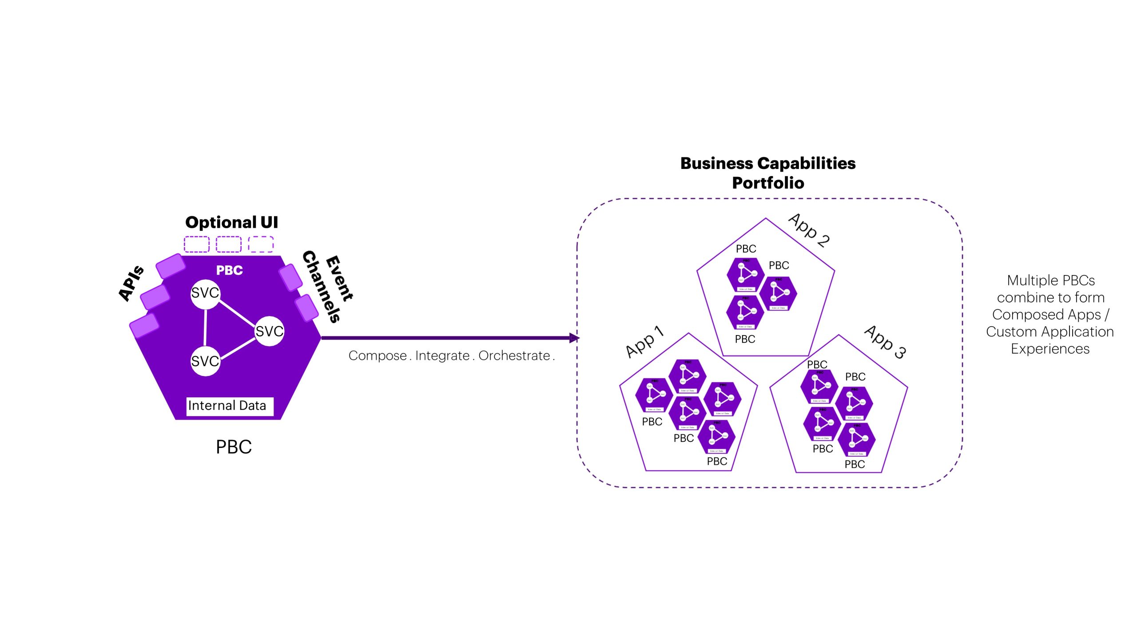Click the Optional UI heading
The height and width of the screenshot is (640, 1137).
[x=231, y=222]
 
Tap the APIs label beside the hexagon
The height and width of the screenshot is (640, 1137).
[x=131, y=283]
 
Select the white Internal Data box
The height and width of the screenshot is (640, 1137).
[x=229, y=406]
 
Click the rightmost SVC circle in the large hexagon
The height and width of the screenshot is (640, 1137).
[x=269, y=331]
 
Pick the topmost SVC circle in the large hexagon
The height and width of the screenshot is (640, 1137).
[x=205, y=293]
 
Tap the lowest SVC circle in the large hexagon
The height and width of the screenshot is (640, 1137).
[x=205, y=361]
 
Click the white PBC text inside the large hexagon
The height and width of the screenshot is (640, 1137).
[x=229, y=270]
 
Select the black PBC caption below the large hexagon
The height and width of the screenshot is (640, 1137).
[x=234, y=447]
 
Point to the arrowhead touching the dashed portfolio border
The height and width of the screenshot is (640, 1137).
[x=574, y=338]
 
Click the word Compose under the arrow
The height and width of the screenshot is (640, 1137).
[x=378, y=356]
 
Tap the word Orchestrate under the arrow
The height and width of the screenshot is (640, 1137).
[x=514, y=356]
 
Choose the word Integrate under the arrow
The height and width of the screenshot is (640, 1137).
[x=442, y=356]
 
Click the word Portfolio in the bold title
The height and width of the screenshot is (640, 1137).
[x=768, y=183]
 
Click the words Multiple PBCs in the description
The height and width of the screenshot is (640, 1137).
[x=1051, y=280]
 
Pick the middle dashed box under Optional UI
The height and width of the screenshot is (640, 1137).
[x=228, y=244]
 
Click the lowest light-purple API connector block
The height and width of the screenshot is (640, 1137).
[x=144, y=325]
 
